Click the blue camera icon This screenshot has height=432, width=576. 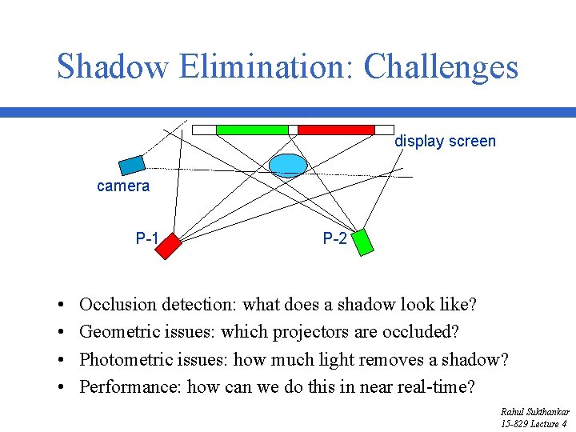[132, 165]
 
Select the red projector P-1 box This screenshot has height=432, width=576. [169, 246]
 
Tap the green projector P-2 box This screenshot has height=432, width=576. [362, 241]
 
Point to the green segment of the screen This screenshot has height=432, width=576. [252, 130]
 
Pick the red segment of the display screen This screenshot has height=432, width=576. [336, 130]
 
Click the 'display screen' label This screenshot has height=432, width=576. [445, 142]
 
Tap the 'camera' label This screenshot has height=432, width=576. [123, 186]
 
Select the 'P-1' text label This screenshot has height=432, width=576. [147, 238]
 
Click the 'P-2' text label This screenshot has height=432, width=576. [334, 238]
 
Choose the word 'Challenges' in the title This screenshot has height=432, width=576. [441, 66]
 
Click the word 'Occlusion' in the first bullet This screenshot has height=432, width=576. [118, 305]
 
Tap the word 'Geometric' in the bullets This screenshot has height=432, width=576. [119, 332]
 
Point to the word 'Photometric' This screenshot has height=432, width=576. [126, 360]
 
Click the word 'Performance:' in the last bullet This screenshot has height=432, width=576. [131, 388]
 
